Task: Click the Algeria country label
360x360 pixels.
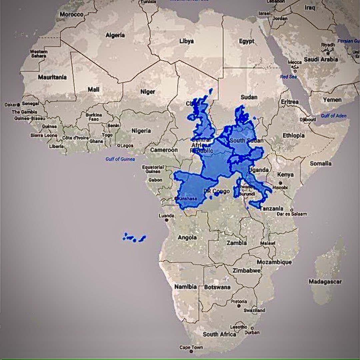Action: [115, 35]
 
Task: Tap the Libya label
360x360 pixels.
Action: [186, 41]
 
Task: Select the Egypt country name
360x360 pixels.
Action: [247, 41]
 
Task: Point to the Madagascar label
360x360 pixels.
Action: [325, 282]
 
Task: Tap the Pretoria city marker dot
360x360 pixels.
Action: [239, 305]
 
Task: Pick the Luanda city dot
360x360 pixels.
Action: [167, 220]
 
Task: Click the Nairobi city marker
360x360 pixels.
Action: [280, 183]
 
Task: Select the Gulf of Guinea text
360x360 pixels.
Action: [120, 159]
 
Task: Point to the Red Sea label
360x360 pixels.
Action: [288, 77]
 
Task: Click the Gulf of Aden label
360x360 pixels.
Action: [334, 116]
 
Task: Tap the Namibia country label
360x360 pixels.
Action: [185, 287]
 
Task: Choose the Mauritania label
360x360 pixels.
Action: [52, 77]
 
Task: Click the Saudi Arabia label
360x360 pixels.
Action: [321, 59]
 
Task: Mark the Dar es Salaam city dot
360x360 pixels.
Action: [292, 210]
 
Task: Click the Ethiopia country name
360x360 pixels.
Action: [293, 135]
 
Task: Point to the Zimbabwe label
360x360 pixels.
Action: [247, 270]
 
